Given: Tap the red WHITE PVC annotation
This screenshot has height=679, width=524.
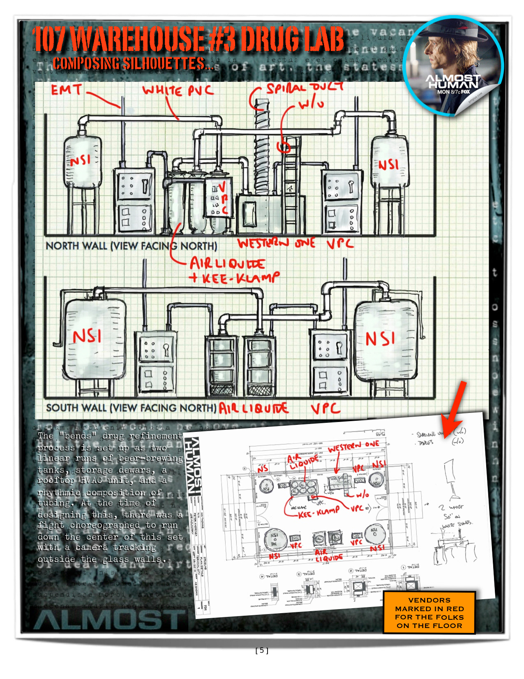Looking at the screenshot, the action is tap(178, 90).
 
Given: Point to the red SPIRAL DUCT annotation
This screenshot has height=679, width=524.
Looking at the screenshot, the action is tap(305, 88).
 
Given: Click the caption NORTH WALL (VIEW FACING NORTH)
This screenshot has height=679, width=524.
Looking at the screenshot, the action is tap(131, 246).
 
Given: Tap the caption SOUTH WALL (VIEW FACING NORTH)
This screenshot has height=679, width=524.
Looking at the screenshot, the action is tap(131, 408).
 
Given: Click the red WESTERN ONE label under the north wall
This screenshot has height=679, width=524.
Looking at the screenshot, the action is tap(277, 243).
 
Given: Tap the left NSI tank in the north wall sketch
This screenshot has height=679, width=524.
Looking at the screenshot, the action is tap(82, 161).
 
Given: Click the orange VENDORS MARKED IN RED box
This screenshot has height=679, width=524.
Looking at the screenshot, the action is tap(429, 613).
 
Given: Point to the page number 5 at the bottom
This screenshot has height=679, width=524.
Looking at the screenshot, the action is tap(262, 650).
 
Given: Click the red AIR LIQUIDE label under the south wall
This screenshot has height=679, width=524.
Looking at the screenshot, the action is tap(253, 408).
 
